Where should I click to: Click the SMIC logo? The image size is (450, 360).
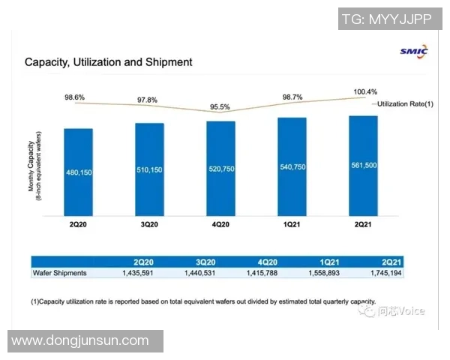pyautogui.click(x=414, y=51)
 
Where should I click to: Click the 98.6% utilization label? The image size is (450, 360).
pyautogui.click(x=73, y=98)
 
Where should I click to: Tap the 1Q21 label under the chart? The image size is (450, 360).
pyautogui.click(x=293, y=224)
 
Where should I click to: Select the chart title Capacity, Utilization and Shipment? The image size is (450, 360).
pyautogui.click(x=108, y=61)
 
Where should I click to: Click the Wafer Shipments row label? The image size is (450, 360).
pyautogui.click(x=61, y=272)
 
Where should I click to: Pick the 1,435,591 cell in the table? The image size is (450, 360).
pyautogui.click(x=147, y=272)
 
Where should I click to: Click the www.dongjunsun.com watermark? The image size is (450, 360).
pyautogui.click(x=81, y=340)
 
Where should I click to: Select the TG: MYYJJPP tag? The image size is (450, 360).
pyautogui.click(x=387, y=19)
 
